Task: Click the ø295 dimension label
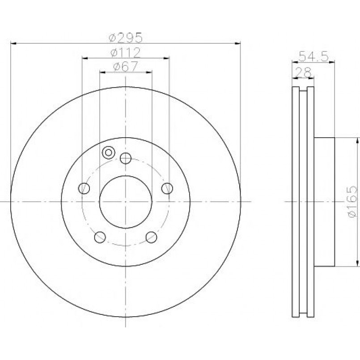point(126,38)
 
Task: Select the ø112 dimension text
point(125,53)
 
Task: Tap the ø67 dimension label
point(125,67)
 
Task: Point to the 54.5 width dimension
point(314,56)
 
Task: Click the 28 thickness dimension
point(303,72)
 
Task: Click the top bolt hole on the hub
point(126,158)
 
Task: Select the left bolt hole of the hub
point(84,188)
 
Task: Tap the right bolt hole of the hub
point(167,188)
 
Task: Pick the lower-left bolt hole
point(100,237)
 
